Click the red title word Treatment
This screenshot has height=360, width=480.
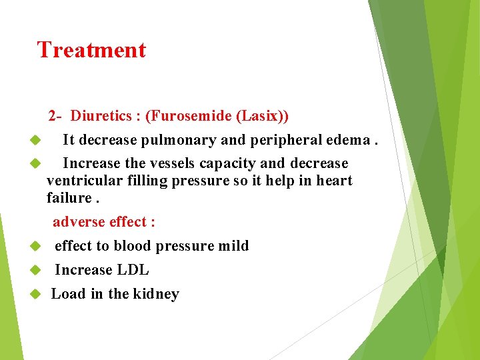click(x=91, y=50)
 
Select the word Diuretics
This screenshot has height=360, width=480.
click(x=101, y=116)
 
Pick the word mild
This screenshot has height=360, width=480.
click(x=233, y=246)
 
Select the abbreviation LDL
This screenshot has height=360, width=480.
click(x=134, y=270)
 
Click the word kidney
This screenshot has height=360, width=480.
click(x=157, y=294)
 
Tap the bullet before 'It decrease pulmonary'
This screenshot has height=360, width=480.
click(x=36, y=141)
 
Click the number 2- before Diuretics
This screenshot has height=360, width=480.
click(x=55, y=116)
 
